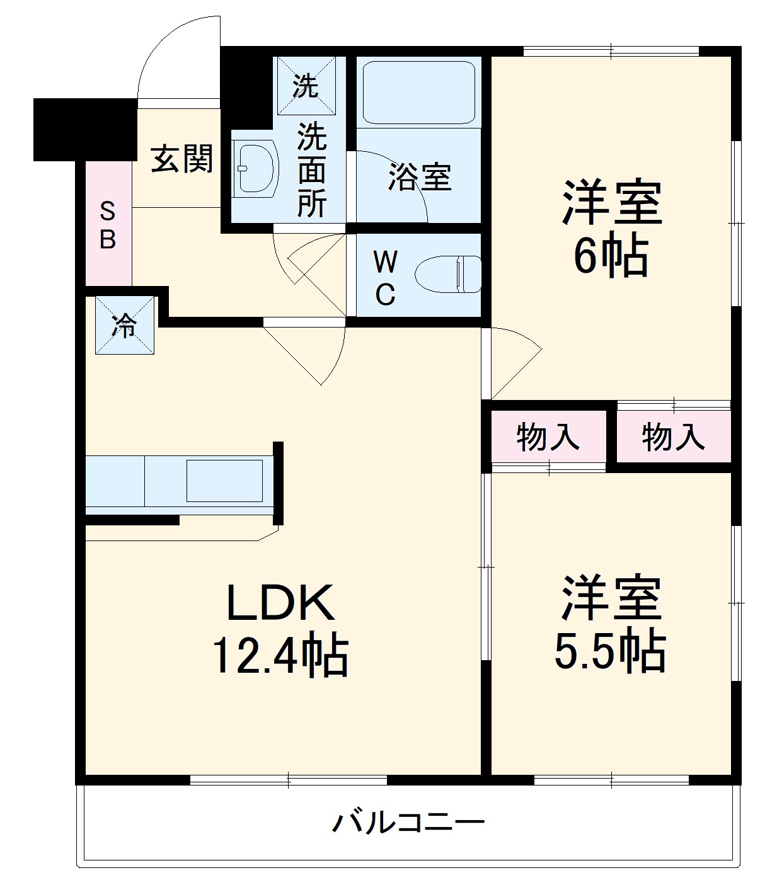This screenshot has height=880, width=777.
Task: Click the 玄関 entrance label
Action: tap(181, 158)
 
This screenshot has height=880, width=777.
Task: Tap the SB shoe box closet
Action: tap(108, 225)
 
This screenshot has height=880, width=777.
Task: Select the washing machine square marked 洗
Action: tap(306, 86)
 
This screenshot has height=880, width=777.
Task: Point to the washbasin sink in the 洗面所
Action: tap(256, 167)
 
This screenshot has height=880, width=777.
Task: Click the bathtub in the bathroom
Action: tap(418, 92)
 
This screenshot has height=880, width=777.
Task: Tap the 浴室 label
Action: tap(419, 177)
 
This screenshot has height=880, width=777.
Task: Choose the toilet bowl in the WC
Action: tap(448, 273)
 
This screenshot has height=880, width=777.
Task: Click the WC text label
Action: tap(385, 277)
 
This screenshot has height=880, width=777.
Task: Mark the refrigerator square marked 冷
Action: tap(124, 326)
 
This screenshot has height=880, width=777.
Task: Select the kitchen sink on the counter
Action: tap(224, 481)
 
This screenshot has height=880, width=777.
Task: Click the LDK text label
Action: tap(280, 602)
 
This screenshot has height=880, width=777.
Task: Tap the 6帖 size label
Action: tap(610, 255)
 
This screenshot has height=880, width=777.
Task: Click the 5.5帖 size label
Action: tap(610, 650)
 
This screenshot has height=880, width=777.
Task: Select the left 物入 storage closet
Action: tap(548, 437)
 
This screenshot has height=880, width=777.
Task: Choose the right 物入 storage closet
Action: tap(673, 437)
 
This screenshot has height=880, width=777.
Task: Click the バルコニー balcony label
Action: tap(408, 822)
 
